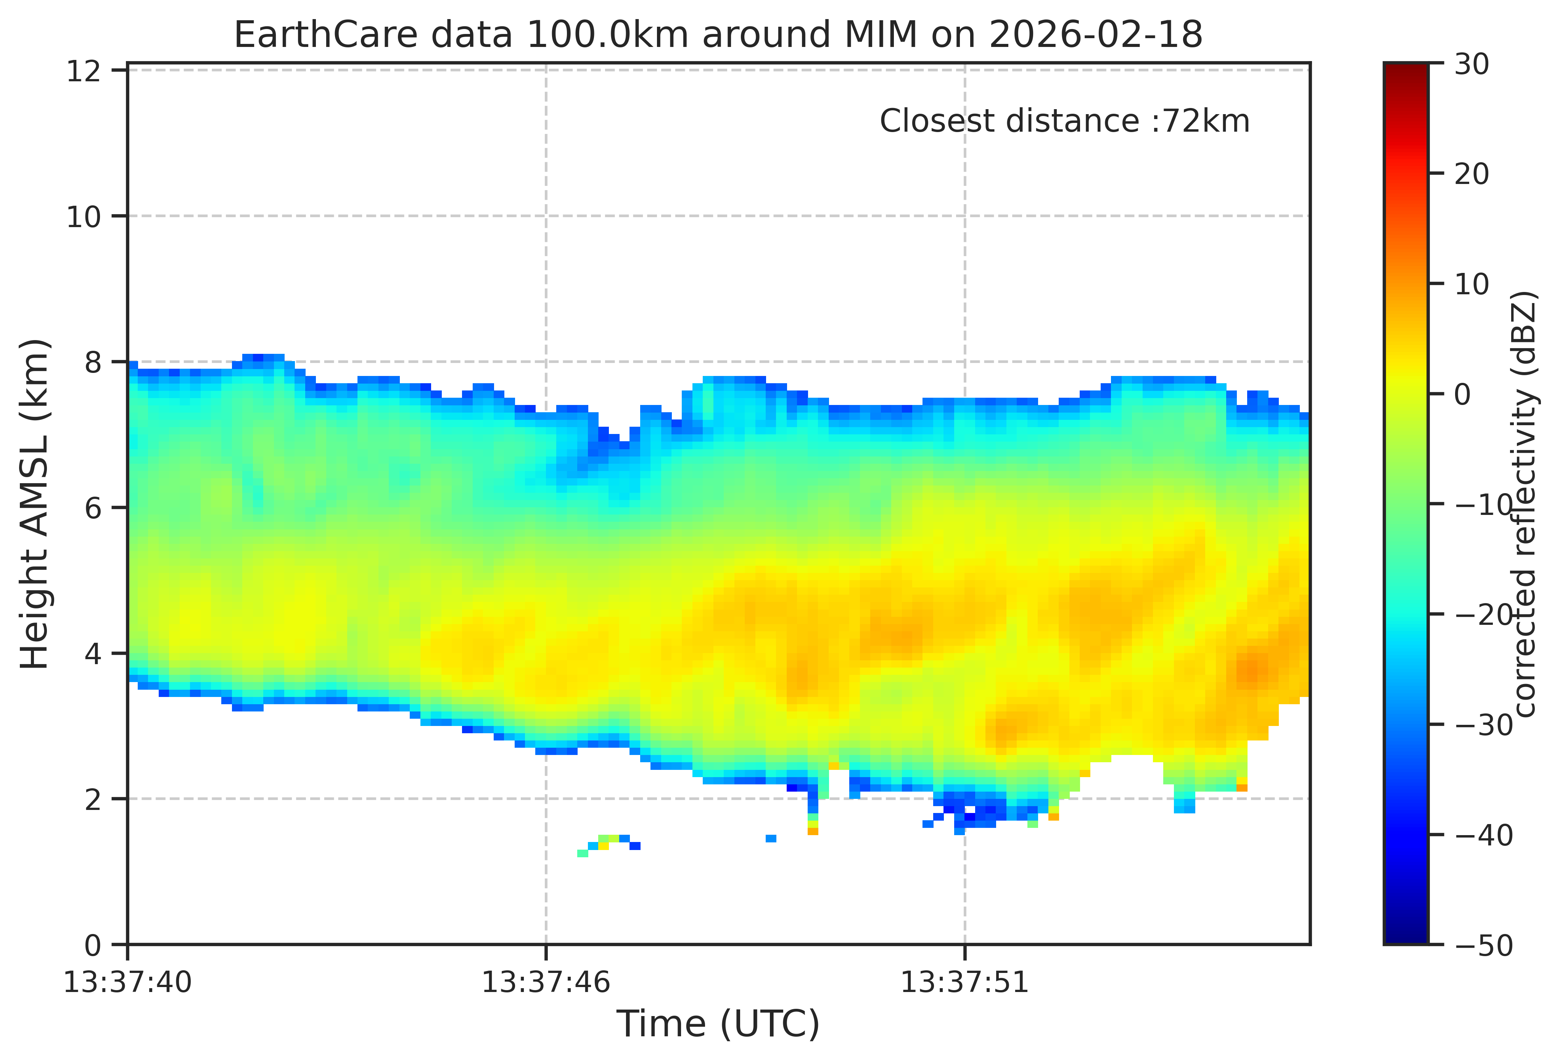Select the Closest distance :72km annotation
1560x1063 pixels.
pyautogui.click(x=1065, y=121)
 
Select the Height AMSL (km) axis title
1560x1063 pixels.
pyautogui.click(x=35, y=503)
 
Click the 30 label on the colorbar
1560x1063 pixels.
pyautogui.click(x=1471, y=65)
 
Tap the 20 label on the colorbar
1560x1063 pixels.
pyautogui.click(x=1471, y=174)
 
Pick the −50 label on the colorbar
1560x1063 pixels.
pyautogui.click(x=1483, y=945)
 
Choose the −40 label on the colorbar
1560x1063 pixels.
pyautogui.click(x=1483, y=836)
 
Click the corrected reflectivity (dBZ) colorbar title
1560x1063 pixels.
pyautogui.click(x=1525, y=503)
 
